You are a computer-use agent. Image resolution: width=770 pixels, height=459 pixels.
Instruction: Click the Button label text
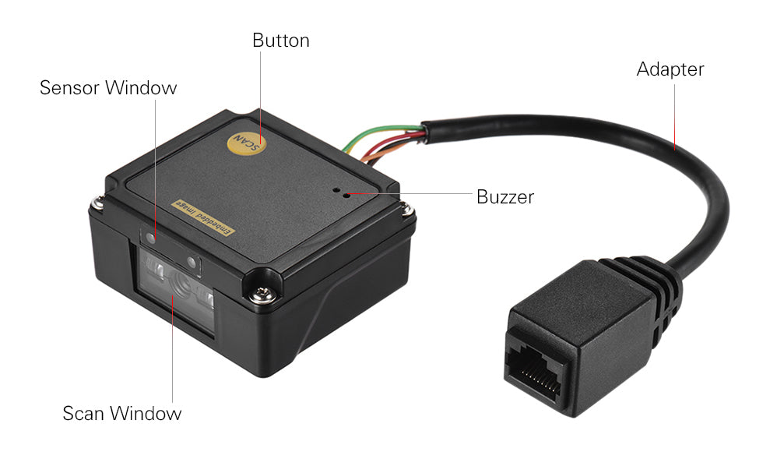pos(280,41)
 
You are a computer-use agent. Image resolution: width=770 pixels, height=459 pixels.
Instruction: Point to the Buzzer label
pos(505,197)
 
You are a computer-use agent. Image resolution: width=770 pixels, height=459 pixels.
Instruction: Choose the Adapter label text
pos(670,69)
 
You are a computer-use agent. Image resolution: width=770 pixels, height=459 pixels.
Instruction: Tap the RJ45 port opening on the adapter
pos(536,365)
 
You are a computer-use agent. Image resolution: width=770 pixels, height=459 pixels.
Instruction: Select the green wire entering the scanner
pos(381,135)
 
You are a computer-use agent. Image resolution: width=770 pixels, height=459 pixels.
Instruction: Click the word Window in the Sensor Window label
pos(141,88)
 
